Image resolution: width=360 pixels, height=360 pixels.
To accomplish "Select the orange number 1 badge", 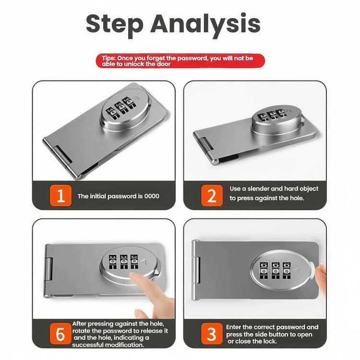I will coord(60,196).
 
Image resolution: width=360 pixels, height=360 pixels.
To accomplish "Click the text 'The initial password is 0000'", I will coord(118,196).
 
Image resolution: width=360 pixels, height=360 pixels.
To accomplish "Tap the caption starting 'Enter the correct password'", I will coord(272,334).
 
